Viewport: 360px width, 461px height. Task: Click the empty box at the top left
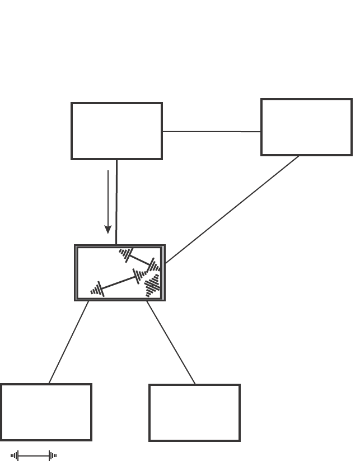coord(116,131)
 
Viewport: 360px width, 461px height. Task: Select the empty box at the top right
coord(306,127)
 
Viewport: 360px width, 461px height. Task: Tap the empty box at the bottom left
coord(46,412)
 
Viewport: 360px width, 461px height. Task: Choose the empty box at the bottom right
coord(194,413)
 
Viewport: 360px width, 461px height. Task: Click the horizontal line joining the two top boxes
coord(212,132)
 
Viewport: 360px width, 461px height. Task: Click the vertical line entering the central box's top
coord(116,202)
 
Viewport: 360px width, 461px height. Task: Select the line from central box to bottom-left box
coord(69,342)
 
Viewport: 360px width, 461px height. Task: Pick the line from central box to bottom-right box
coord(171,342)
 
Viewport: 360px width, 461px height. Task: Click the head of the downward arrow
coord(108,229)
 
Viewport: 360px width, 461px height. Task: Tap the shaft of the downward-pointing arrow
coord(108,196)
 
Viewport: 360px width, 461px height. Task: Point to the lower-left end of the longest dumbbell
coord(97,290)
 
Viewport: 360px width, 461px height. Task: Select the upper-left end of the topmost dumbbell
coord(126,254)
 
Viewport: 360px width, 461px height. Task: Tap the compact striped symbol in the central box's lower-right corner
coord(152,286)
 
